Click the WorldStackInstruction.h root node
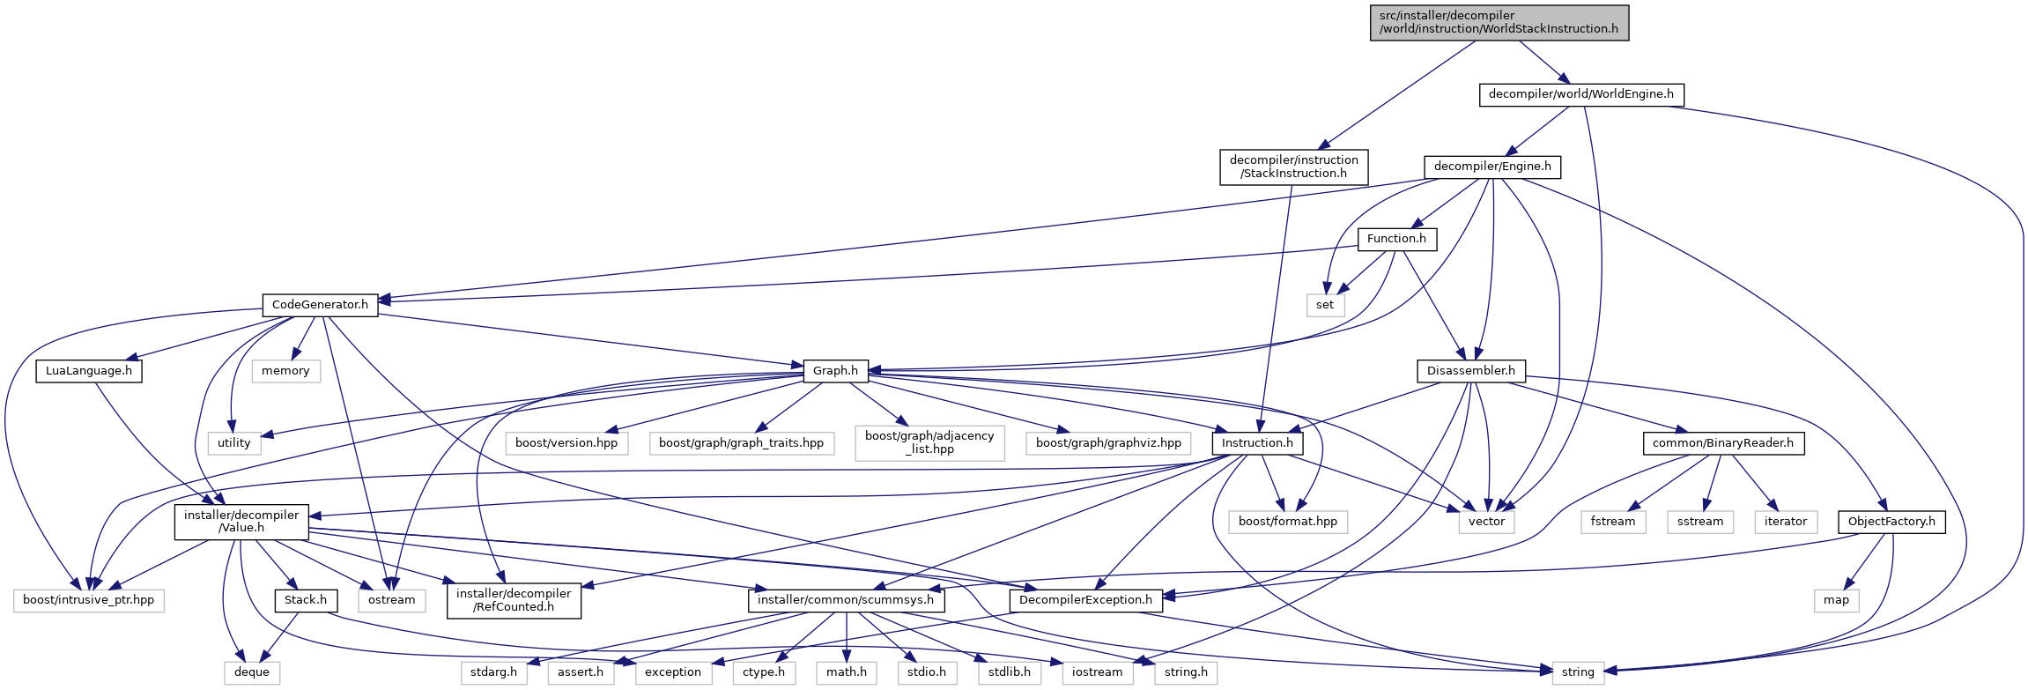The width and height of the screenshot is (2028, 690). (1499, 22)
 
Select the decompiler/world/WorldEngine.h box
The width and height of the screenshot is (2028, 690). (1580, 94)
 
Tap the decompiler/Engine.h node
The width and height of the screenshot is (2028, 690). (1492, 167)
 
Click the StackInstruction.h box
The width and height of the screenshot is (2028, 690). (1293, 167)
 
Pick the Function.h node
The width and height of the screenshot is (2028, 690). (1396, 239)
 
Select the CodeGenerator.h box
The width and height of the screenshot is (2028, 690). (320, 305)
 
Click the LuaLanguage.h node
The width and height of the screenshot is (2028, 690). (88, 371)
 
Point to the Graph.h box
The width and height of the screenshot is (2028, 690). (835, 371)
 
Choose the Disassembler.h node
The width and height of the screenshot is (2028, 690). (1470, 371)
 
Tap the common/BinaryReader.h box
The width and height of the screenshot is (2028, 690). (1722, 443)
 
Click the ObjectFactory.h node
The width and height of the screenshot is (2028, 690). (1891, 522)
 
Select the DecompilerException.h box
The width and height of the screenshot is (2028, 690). (1085, 600)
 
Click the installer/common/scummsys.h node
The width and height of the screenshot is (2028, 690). (846, 600)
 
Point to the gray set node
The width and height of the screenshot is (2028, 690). (1325, 305)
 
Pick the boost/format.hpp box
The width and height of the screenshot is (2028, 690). (1287, 522)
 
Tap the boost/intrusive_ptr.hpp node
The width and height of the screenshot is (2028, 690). (88, 600)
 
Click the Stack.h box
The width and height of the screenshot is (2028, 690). (306, 600)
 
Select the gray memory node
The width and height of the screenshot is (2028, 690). (285, 371)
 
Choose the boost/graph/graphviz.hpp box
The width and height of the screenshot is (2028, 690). (1108, 443)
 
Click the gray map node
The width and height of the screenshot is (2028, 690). (1837, 600)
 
